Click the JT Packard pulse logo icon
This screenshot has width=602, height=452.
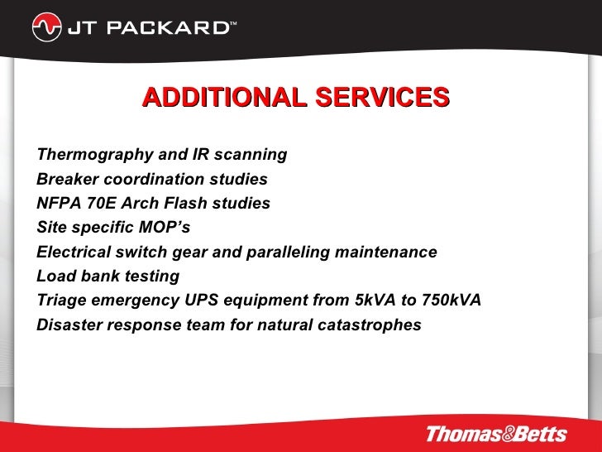click(x=45, y=28)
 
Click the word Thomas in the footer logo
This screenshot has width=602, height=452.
click(x=460, y=433)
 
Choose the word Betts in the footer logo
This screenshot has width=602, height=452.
click(x=538, y=433)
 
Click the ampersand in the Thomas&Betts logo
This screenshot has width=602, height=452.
click(x=503, y=433)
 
